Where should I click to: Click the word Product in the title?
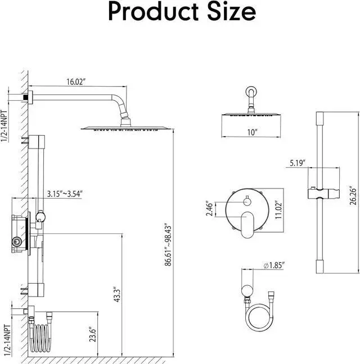[x=154, y=12]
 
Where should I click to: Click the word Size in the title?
[x=231, y=12]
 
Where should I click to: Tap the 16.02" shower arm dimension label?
[x=76, y=82]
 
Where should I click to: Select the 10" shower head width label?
[x=253, y=132]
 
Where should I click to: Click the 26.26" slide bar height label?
[x=353, y=195]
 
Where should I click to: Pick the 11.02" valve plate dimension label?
[x=278, y=210]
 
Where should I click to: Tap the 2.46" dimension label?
[x=209, y=209]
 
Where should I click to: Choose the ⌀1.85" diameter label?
[x=274, y=265]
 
